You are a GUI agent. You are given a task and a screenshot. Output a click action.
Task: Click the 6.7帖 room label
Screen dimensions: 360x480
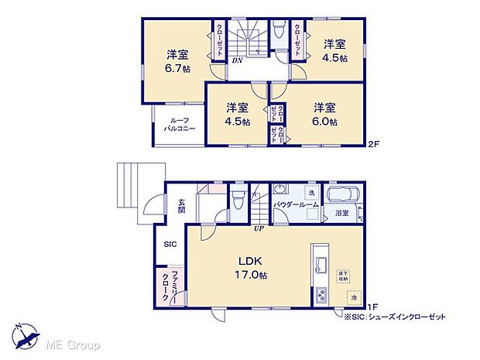pos(177,61)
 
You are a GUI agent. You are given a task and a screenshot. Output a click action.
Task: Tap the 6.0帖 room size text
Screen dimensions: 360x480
pos(325,115)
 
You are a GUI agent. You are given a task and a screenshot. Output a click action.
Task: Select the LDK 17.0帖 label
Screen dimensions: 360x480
pos(249,267)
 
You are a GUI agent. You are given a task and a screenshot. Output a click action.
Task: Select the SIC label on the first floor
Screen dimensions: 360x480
pos(170,243)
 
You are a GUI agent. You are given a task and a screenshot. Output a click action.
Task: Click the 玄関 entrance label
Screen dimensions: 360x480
pos(180,204)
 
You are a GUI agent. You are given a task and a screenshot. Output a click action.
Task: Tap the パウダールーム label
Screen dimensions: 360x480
pos(296,204)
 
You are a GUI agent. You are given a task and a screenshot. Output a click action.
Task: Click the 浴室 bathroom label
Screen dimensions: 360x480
pos(341,211)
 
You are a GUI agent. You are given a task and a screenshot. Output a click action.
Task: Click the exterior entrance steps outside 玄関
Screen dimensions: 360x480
pos(132,187)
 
